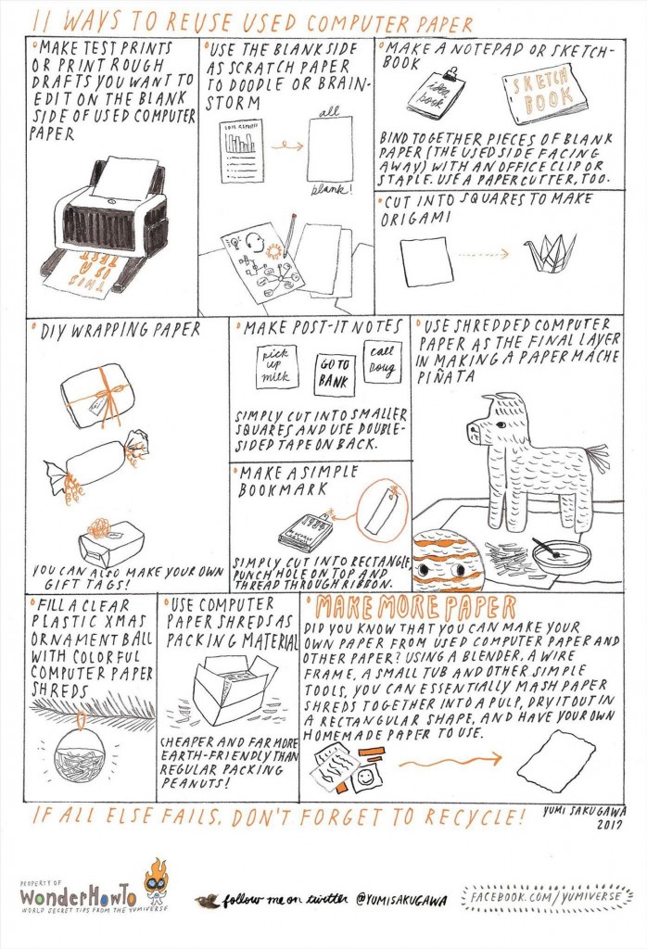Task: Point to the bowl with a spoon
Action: click(x=562, y=556)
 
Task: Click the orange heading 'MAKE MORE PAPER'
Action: click(x=416, y=608)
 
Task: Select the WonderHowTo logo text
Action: click(x=78, y=898)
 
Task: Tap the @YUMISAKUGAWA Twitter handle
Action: click(x=400, y=899)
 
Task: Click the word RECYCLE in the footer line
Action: click(x=454, y=816)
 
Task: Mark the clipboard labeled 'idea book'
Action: click(x=436, y=92)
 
